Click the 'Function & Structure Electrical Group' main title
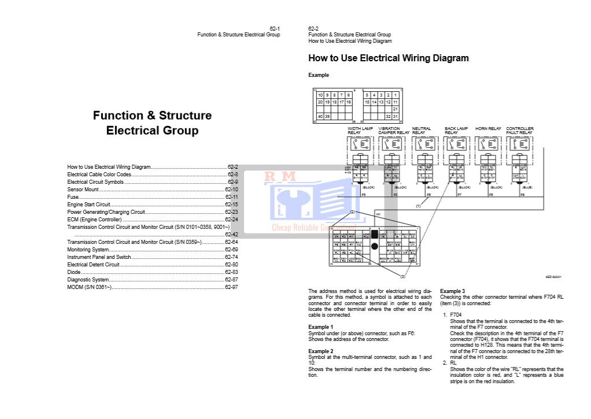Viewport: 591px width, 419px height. (152, 123)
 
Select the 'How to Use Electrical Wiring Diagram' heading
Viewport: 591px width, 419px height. (389, 58)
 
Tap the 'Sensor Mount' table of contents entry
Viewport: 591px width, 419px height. (83, 190)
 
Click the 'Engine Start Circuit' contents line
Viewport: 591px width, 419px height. (88, 205)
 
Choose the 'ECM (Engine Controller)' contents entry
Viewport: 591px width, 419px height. (94, 220)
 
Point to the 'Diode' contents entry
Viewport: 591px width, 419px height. (73, 272)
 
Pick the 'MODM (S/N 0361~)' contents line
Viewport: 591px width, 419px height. (89, 287)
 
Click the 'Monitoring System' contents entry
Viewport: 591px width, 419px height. (88, 250)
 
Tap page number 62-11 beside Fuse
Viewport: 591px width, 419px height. (231, 197)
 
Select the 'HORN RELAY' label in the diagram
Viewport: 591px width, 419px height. (488, 129)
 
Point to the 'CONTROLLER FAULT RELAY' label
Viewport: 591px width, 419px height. (520, 131)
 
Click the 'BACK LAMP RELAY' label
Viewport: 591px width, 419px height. (456, 131)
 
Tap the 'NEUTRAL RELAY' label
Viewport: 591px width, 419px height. (422, 131)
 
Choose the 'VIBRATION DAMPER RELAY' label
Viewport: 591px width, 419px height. (393, 131)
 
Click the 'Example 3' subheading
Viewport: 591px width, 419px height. (453, 291)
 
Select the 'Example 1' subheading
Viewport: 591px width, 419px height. (321, 327)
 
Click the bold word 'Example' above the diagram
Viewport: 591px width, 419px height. (319, 75)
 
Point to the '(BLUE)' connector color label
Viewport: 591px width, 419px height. (526, 188)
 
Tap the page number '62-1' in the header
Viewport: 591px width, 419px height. (275, 28)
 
